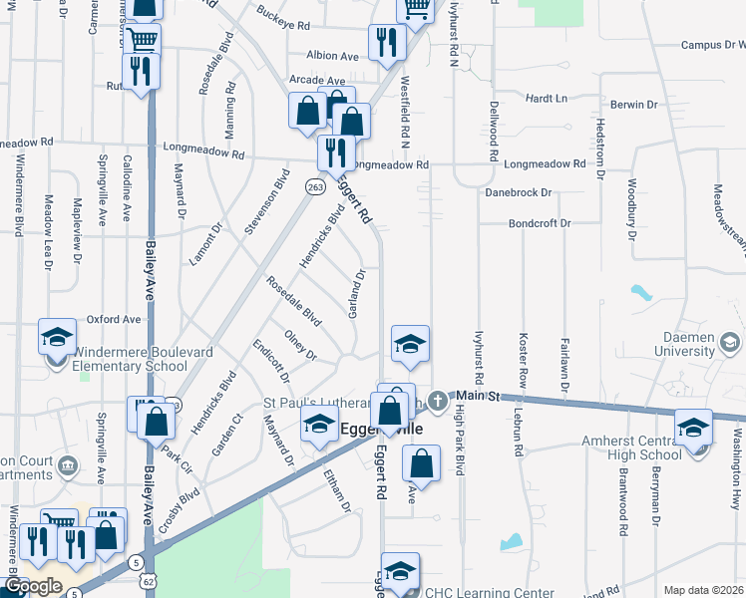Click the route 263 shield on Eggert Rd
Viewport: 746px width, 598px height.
(315, 186)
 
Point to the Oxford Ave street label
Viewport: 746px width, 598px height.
(114, 319)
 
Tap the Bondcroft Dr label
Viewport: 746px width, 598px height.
(539, 223)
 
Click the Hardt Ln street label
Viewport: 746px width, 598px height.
(546, 99)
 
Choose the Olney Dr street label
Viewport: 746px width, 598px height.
(300, 347)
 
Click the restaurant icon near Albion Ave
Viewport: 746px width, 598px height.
(384, 41)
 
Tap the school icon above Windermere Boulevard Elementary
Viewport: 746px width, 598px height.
(57, 337)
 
